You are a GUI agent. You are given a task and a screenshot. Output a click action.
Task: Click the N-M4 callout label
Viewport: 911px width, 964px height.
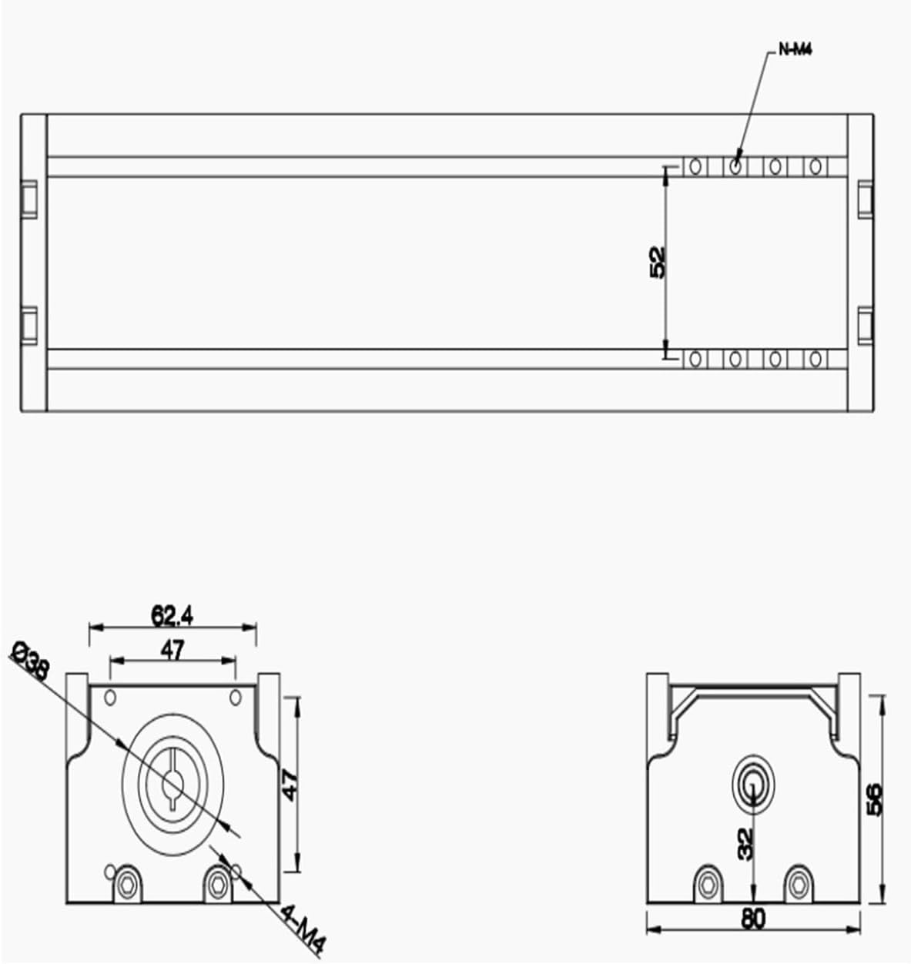[795, 50]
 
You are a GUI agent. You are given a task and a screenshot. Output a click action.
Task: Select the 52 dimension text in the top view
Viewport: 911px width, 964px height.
[657, 262]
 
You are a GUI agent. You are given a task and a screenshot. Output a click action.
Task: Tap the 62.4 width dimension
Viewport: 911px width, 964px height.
[172, 615]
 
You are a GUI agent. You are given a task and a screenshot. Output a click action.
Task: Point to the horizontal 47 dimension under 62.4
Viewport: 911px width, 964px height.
[172, 651]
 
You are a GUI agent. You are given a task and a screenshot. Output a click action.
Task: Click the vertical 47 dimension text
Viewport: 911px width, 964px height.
[290, 785]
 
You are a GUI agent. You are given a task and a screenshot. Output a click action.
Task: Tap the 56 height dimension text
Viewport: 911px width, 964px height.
[874, 799]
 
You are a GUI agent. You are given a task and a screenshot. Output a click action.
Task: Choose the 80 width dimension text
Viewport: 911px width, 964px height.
[753, 919]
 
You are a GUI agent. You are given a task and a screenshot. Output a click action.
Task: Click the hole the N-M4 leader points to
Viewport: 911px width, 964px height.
[735, 166]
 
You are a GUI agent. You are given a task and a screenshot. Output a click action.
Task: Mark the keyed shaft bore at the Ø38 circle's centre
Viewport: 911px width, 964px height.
[172, 785]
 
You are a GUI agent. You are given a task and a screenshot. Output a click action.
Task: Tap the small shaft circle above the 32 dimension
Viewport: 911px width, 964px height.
[752, 784]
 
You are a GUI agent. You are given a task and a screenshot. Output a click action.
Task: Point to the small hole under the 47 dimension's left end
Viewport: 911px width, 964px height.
[110, 698]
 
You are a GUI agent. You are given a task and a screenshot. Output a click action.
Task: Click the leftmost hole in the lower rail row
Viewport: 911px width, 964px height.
[695, 359]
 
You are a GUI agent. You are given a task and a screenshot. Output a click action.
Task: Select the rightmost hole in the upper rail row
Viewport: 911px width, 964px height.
[816, 166]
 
